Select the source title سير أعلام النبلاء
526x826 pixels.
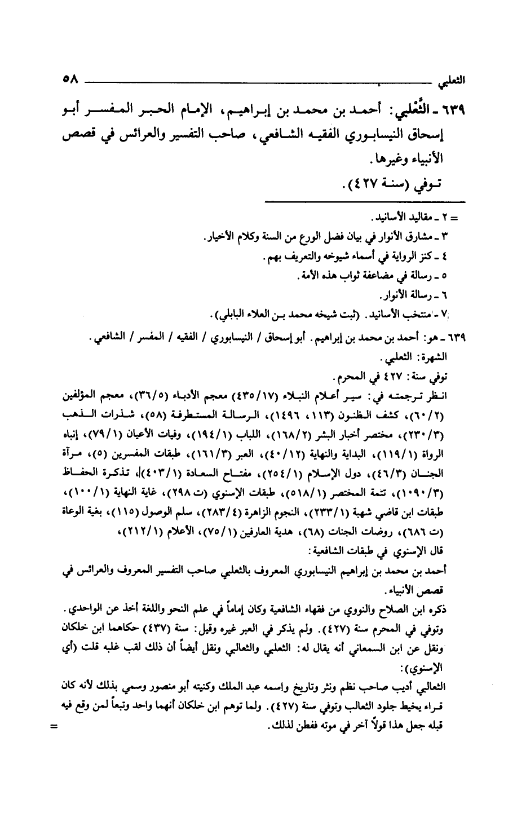[x=333, y=391]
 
